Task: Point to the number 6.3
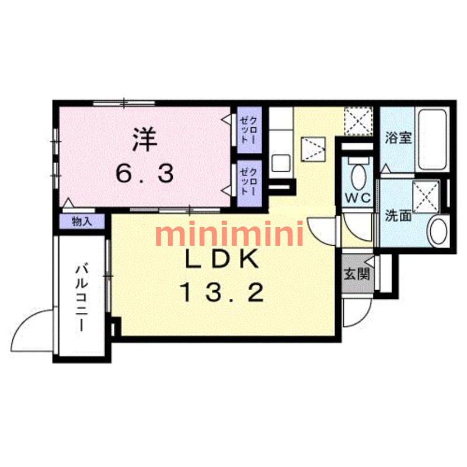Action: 143,173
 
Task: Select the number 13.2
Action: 221,292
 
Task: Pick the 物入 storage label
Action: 82,221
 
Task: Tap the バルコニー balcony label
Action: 82,297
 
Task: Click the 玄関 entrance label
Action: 356,273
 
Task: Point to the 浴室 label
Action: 399,140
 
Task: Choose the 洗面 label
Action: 398,215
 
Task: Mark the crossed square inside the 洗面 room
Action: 426,194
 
